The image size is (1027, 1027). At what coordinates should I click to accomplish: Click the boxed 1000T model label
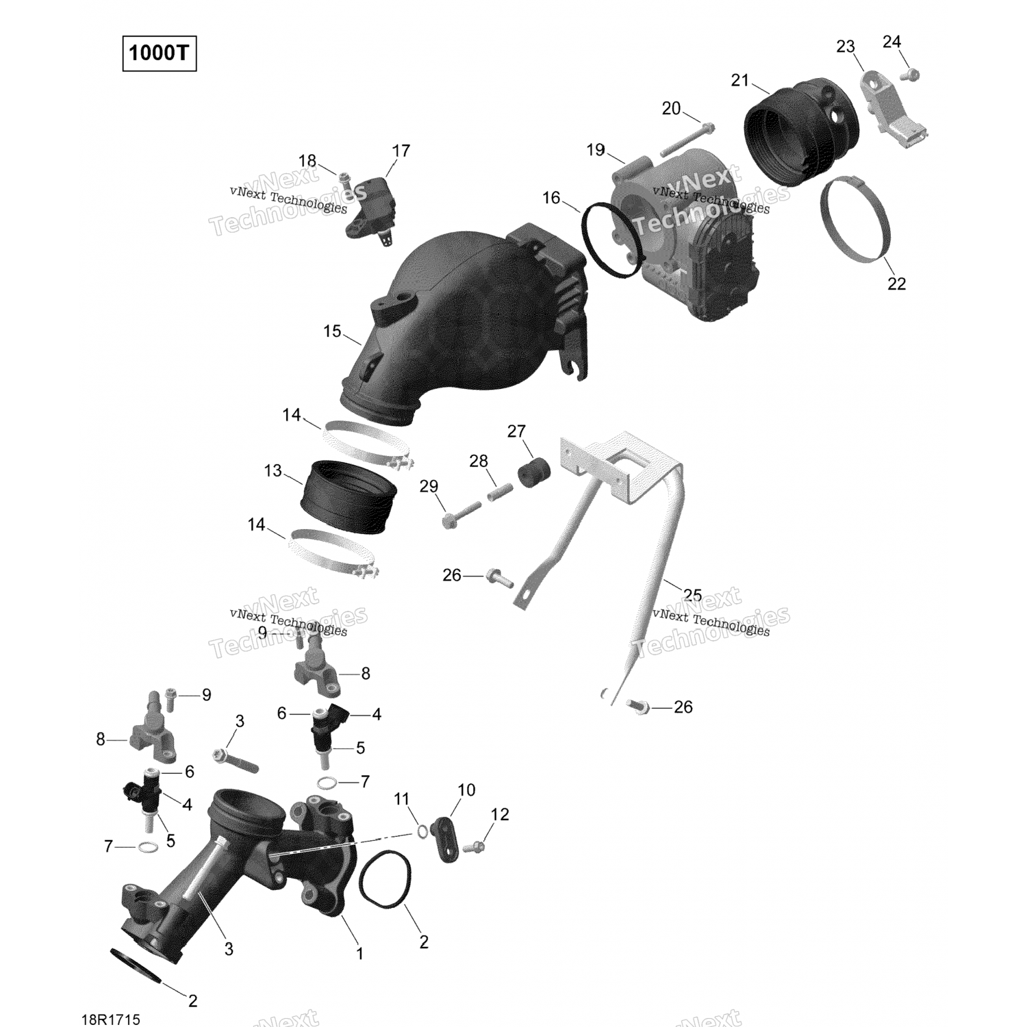(159, 53)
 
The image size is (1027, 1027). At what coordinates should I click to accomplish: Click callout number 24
(891, 42)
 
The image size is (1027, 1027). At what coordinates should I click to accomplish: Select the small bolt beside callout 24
(911, 74)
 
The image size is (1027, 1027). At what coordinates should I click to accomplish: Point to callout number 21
(740, 80)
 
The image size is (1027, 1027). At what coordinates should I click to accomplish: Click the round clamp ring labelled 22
(856, 219)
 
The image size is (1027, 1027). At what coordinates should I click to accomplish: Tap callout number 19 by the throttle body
(596, 149)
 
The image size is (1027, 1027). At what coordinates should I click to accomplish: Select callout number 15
(332, 331)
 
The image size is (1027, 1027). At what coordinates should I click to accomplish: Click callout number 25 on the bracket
(692, 594)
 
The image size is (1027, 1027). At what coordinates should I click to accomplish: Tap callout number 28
(479, 461)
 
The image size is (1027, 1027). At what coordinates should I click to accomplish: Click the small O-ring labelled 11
(422, 831)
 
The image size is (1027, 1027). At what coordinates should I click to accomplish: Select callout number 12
(500, 814)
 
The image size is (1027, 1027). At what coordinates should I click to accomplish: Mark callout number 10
(466, 789)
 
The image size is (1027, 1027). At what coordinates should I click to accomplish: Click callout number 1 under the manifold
(359, 953)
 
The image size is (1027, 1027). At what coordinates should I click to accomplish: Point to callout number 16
(551, 198)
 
